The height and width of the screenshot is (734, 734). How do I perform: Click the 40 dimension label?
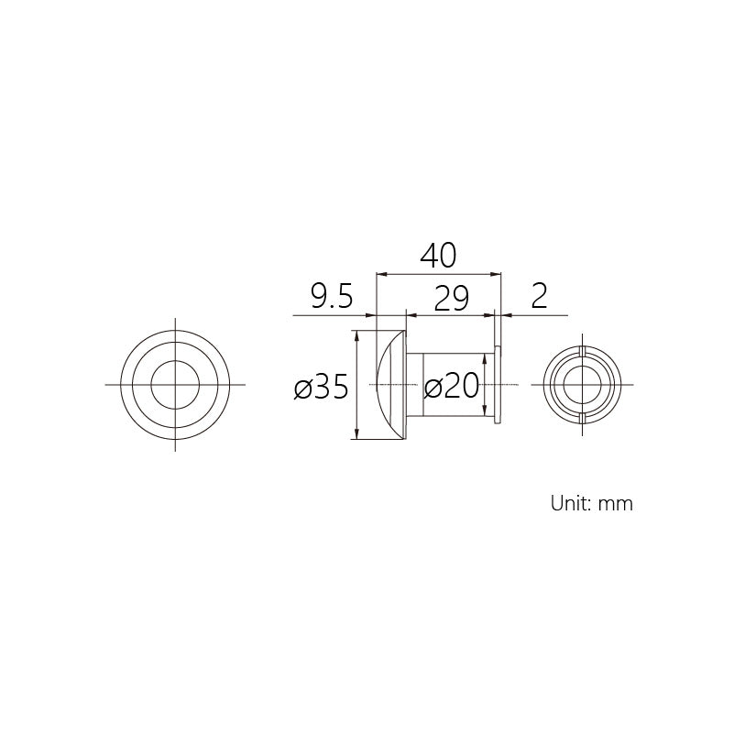click(x=438, y=256)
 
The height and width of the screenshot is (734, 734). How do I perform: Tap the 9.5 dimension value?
click(x=332, y=296)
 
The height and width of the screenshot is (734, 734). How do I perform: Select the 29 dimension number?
click(x=451, y=298)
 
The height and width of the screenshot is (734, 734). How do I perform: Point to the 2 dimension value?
click(x=539, y=296)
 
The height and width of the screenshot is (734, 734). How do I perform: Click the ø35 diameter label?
click(x=321, y=387)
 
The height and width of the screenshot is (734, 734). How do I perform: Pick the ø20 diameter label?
click(x=451, y=387)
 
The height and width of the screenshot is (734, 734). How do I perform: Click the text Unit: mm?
click(x=592, y=504)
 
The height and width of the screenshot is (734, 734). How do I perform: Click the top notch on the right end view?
click(x=582, y=351)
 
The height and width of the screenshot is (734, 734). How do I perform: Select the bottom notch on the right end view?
click(x=582, y=418)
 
